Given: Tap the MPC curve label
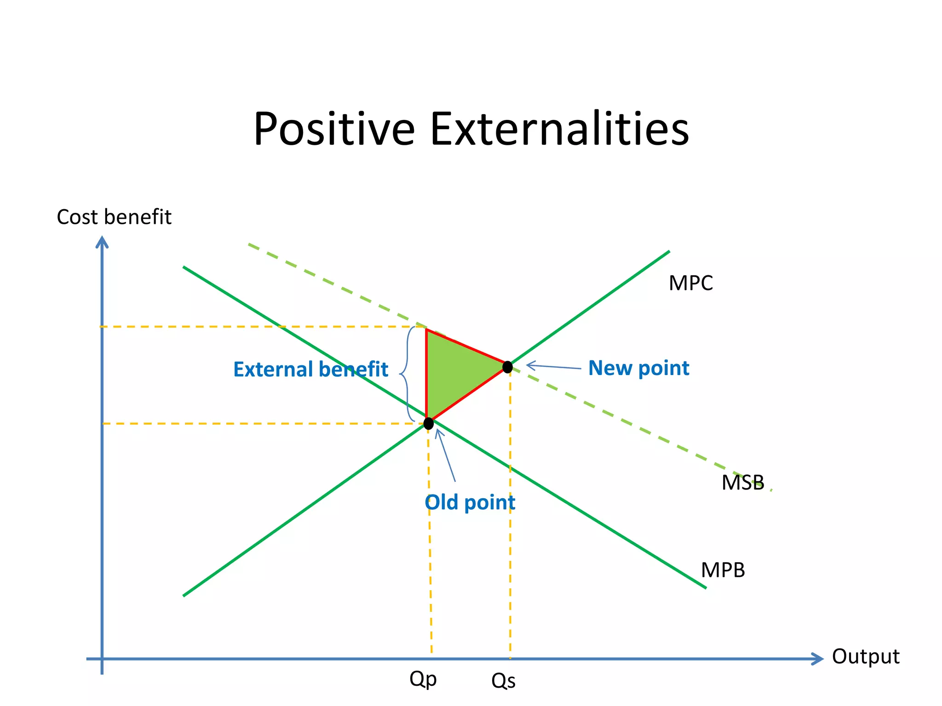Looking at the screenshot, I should point(690,283).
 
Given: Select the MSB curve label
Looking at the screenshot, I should point(742,483).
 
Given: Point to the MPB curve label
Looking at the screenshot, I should point(722,570).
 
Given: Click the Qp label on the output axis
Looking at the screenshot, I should point(423,679).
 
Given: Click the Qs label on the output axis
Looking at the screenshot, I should point(503,681).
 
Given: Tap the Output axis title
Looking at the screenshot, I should point(865,656).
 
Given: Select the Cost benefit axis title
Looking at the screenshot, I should point(114,217).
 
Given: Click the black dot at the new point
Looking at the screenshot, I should point(507,367).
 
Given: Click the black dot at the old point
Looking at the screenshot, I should point(428,423).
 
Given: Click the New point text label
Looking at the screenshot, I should point(638,368).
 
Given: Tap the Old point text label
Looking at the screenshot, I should point(470,502).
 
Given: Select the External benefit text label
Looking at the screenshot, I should point(310,370).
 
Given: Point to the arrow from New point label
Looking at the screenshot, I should point(553,367).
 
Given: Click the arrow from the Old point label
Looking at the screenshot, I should point(446,455).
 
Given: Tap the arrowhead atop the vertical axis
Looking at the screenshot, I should point(102,242).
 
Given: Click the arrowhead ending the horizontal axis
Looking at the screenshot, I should point(817,659).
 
